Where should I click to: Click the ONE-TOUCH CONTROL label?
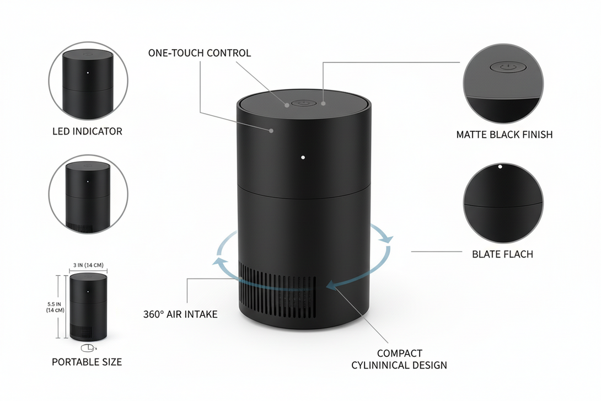(199, 53)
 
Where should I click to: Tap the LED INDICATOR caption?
(87, 131)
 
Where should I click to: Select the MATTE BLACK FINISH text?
(504, 134)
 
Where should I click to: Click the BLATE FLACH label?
(502, 254)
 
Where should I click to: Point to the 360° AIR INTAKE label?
(180, 314)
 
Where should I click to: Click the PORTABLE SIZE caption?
(87, 362)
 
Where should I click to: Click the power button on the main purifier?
(303, 103)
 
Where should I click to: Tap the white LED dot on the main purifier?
(303, 158)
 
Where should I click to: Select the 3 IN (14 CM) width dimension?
(88, 265)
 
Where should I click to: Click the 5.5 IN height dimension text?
(55, 303)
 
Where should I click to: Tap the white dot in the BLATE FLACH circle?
(500, 166)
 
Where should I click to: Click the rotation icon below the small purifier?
(88, 347)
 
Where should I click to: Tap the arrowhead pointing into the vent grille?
(331, 285)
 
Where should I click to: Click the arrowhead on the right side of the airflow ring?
(388, 239)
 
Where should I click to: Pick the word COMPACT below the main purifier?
(399, 353)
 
